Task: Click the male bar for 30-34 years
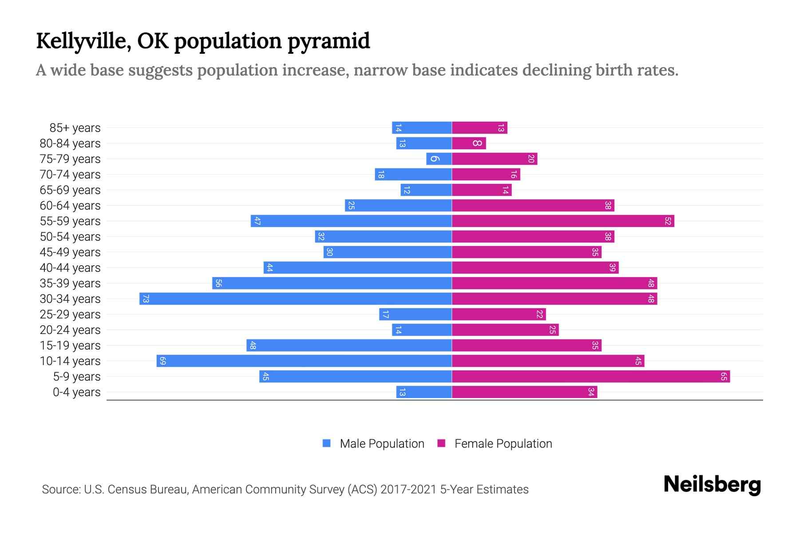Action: [296, 298]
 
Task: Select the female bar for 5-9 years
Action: [590, 376]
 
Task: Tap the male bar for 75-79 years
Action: [439, 159]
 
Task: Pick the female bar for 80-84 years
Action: [469, 143]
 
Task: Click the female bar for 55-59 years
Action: [563, 221]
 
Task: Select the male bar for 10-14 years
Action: [304, 361]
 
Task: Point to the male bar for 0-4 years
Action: [424, 392]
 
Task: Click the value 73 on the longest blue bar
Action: [146, 298]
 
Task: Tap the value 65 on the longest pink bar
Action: [724, 376]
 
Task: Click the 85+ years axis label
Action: [75, 128]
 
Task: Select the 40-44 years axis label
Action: [70, 268]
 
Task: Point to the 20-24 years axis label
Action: [70, 330]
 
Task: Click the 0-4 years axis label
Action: [76, 392]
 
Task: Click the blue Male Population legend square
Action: [327, 443]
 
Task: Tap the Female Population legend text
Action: [503, 443]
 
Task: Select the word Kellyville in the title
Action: [83, 41]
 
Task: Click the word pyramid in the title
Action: [328, 41]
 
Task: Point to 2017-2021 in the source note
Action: [408, 489]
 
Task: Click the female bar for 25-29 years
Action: [498, 314]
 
